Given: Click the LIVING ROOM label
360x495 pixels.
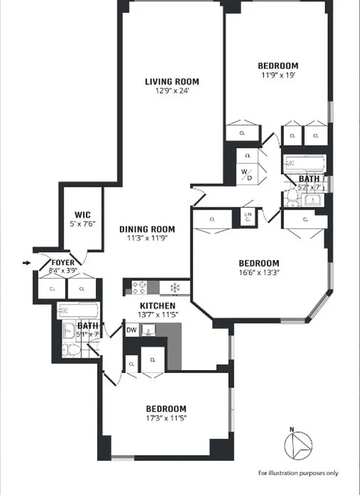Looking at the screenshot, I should coord(172,82).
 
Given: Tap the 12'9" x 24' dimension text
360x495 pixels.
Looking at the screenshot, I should coord(172,90).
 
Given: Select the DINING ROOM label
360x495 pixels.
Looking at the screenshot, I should coord(147,228).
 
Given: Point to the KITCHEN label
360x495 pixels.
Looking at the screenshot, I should coord(157,306).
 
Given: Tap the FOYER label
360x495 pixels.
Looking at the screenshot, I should coord(63,263).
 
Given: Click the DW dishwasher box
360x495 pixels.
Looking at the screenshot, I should coord(131,330).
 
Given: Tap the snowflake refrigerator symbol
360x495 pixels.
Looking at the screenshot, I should coord(175,287).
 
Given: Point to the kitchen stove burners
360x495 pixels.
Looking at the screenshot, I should coord(137,287).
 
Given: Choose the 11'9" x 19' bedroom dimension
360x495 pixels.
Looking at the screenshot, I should coord(278,74).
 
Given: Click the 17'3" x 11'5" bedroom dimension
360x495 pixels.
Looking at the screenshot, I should coord(166,418).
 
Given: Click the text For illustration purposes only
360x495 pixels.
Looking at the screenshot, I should coord(298,473).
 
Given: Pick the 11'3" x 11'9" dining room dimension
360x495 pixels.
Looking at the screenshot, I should coord(147,237).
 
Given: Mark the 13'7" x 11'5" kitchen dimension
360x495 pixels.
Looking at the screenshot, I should coord(157,314).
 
